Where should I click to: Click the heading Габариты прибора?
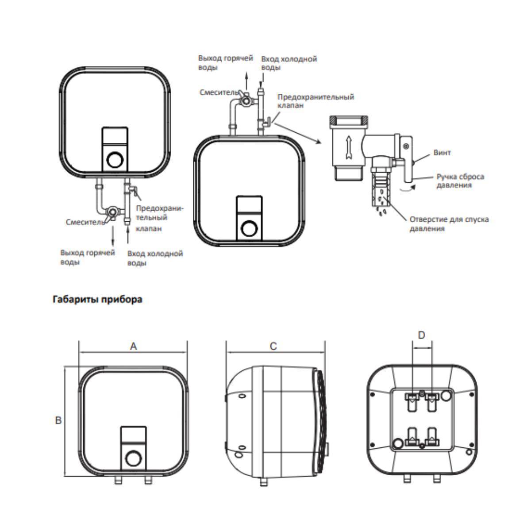(x=97, y=300)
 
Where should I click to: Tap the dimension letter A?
(x=133, y=346)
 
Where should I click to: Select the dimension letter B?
(x=58, y=420)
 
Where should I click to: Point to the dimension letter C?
(x=273, y=346)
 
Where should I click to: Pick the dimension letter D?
(x=421, y=335)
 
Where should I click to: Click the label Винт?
(x=442, y=153)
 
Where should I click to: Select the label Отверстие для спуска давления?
(x=449, y=224)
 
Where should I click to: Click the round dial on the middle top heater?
(x=250, y=229)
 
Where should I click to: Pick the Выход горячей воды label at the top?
(x=225, y=63)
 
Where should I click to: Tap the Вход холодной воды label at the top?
(x=289, y=63)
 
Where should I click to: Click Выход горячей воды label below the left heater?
(x=88, y=257)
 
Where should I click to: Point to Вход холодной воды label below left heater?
(x=155, y=258)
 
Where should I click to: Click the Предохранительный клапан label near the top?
(x=316, y=101)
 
